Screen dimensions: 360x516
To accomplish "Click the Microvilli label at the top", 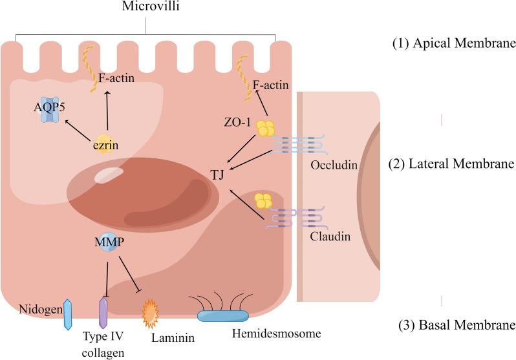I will (x=144, y=6).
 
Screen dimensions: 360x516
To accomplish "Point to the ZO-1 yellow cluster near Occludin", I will (x=264, y=128).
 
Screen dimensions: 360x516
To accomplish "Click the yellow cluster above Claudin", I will (x=263, y=200).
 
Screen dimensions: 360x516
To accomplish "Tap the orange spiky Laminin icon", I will (x=150, y=311).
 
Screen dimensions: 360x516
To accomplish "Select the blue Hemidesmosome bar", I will (x=222, y=316).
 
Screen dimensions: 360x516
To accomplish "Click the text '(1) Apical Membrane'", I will (x=453, y=45).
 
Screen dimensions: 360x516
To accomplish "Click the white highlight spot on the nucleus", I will (x=108, y=175).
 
